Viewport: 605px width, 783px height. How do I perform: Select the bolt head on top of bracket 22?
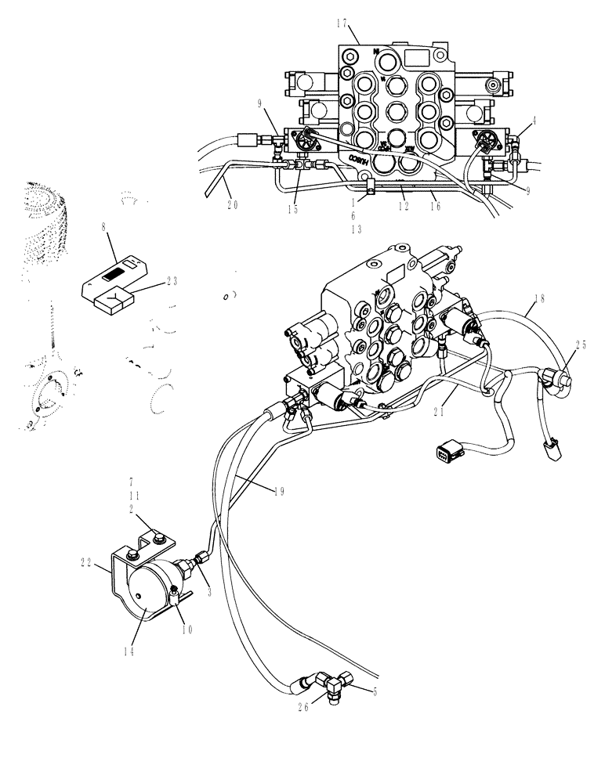(x=160, y=538)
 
